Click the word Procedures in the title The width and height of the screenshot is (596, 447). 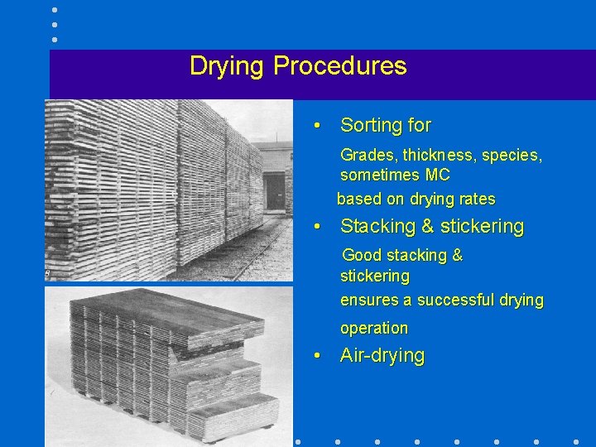tap(340, 66)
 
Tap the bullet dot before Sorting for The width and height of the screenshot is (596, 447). tap(317, 127)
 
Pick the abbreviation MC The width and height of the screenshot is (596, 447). tap(437, 175)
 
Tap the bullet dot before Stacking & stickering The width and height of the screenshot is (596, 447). tap(317, 227)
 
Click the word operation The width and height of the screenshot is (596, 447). tap(374, 328)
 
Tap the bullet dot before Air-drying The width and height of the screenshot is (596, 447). tap(317, 357)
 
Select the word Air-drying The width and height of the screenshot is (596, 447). tap(382, 356)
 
